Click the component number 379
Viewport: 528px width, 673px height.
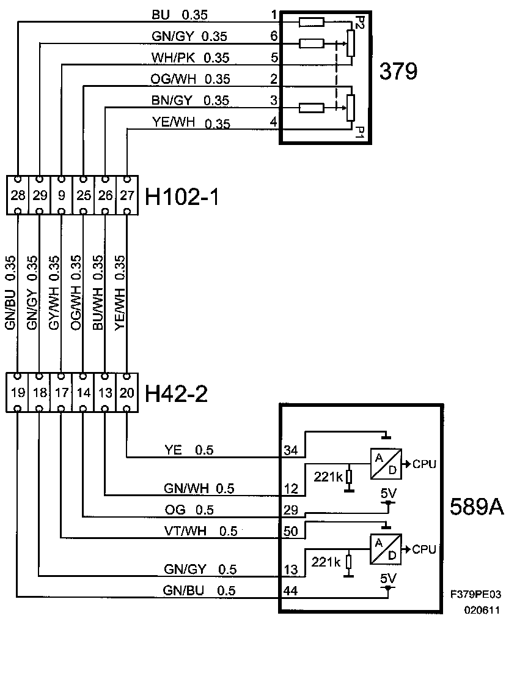coord(398,71)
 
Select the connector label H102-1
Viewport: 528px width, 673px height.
coord(182,197)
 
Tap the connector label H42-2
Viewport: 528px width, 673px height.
coord(176,393)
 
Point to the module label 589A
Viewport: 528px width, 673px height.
coord(477,507)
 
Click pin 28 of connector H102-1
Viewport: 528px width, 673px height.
coord(18,195)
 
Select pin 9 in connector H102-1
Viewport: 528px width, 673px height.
coord(62,195)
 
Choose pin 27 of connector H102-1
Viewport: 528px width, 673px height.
coord(127,195)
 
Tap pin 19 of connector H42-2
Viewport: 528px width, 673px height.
coord(18,392)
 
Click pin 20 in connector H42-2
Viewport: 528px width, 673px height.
coord(127,392)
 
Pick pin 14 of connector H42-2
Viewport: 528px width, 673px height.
coord(84,392)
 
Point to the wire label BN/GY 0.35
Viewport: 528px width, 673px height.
coord(190,100)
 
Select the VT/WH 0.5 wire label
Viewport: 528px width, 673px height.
coord(200,531)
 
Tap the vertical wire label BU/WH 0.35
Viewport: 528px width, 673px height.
coord(98,292)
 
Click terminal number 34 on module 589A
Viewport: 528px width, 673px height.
coord(290,450)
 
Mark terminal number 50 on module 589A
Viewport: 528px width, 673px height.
coord(290,531)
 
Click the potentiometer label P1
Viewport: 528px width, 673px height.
coord(359,132)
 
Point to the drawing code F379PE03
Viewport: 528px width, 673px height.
coord(475,595)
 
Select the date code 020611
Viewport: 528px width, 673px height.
coord(482,610)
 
